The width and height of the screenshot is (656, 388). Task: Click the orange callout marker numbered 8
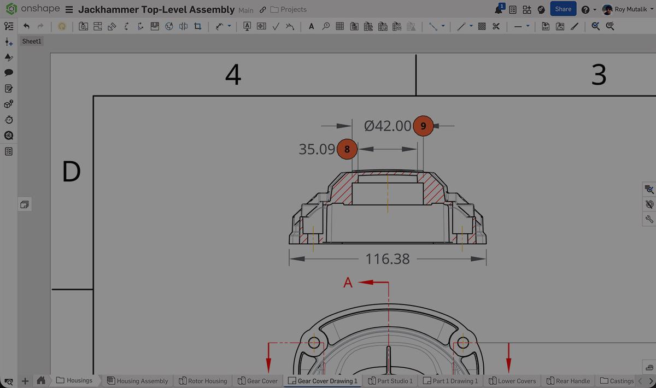(347, 149)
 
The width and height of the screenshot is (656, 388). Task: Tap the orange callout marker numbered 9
(423, 126)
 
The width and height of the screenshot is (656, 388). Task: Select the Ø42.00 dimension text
(388, 126)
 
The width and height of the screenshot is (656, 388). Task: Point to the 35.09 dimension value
(317, 149)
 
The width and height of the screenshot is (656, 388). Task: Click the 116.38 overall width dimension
(387, 259)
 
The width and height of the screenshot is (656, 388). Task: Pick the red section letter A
(348, 283)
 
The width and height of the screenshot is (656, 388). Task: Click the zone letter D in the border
(72, 172)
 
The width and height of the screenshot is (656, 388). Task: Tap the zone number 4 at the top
(233, 75)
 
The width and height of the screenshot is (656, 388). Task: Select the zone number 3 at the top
(599, 75)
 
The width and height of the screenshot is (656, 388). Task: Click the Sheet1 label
(32, 42)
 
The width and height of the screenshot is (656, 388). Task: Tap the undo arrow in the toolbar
(26, 26)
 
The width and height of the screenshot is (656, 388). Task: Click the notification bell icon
(499, 10)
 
